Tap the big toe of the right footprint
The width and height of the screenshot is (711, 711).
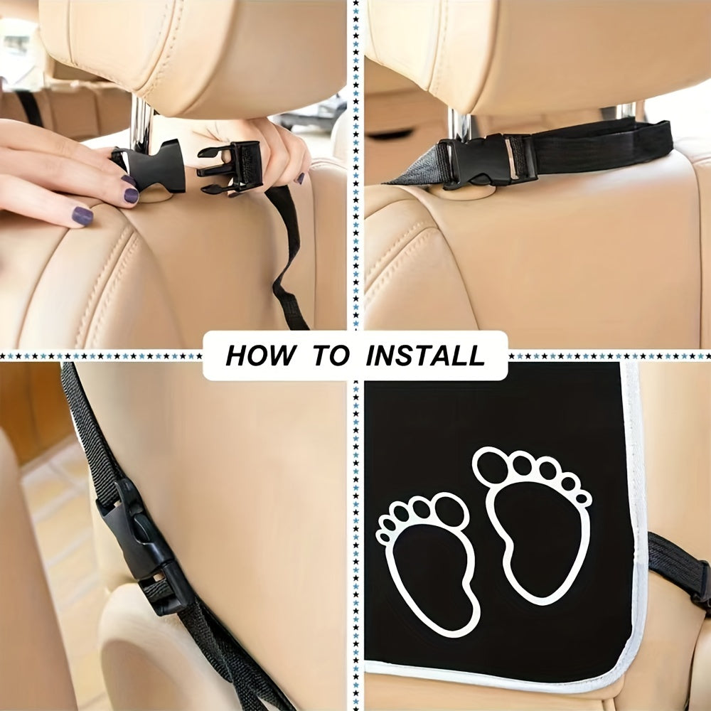click(x=491, y=466)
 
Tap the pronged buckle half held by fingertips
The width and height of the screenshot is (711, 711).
click(x=231, y=167)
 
